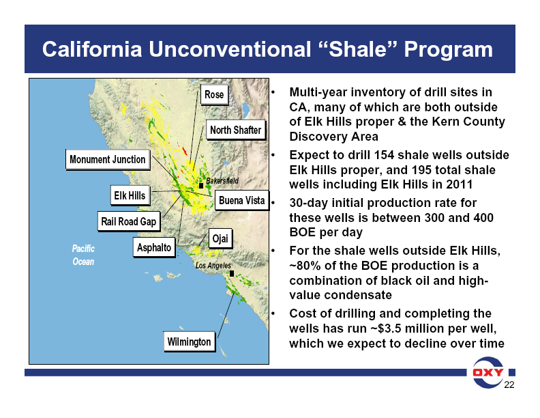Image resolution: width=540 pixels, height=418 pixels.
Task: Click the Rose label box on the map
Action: click(213, 94)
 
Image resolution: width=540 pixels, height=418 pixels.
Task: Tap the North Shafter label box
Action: click(235, 130)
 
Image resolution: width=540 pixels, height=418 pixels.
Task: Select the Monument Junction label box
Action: click(107, 160)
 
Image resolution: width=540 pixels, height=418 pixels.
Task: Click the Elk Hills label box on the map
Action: click(129, 195)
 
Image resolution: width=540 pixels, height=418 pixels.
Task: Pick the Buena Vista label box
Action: click(241, 200)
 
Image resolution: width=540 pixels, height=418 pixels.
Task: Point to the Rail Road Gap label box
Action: click(128, 221)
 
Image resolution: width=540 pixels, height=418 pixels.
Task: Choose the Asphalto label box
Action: click(154, 247)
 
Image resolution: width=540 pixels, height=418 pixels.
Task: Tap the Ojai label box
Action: click(220, 238)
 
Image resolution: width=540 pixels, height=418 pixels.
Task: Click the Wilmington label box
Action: click(189, 341)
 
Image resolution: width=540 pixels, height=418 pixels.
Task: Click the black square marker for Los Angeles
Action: click(232, 273)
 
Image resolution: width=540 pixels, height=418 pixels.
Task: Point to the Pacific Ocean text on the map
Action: click(83, 255)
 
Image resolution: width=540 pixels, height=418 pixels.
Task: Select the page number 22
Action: click(508, 387)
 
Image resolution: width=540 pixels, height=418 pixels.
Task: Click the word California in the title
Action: click(92, 49)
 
